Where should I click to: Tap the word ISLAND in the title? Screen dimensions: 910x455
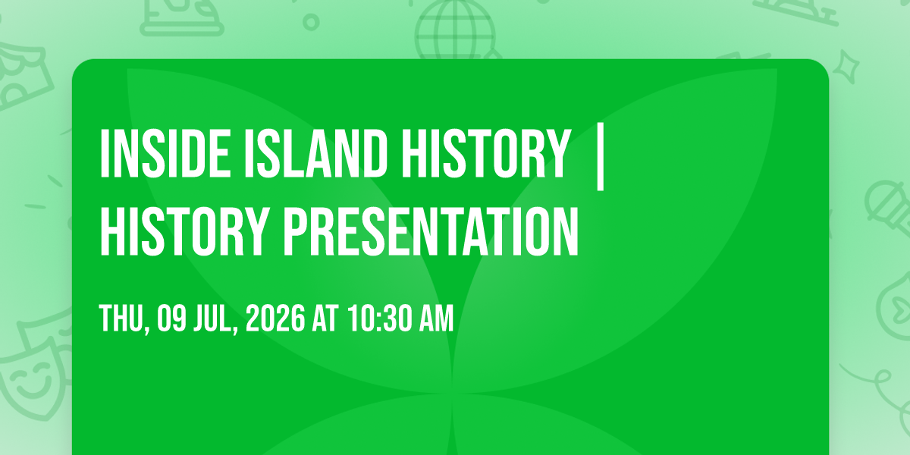[315, 153]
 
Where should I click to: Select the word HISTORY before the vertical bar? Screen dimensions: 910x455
[486, 153]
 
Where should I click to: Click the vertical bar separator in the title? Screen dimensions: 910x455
[600, 157]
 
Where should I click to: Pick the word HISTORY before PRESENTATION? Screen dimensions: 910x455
[185, 231]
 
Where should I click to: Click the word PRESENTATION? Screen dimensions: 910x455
[431, 231]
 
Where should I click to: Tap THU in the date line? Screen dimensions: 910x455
[122, 319]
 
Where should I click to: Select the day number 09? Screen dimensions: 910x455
[171, 319]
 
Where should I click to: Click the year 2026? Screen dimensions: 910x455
[275, 319]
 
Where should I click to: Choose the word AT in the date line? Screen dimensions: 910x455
[325, 319]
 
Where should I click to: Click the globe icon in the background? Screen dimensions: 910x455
[455, 30]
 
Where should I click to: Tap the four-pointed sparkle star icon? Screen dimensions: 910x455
[846, 67]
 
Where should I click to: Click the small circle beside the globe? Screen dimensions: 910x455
[311, 22]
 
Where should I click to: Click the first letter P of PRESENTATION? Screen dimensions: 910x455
[294, 231]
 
